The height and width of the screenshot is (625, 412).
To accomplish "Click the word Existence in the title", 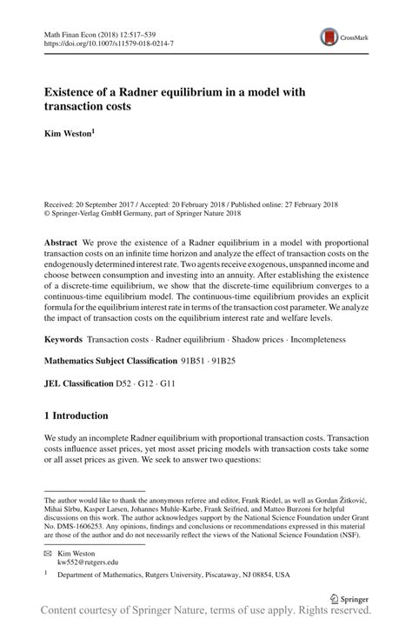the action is click(78, 92).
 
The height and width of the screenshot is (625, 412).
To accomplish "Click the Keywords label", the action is click(66, 336).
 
